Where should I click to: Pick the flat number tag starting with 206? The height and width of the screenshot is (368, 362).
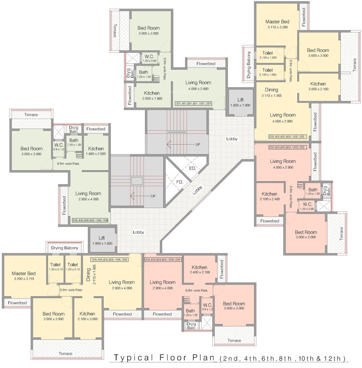pyautogui.click(x=90, y=220)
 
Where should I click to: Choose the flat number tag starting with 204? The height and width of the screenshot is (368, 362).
pyautogui.click(x=163, y=259)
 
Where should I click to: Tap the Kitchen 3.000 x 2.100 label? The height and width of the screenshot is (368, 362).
pyautogui.click(x=318, y=86)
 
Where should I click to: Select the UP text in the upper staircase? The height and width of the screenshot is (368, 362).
pyautogui.click(x=197, y=144)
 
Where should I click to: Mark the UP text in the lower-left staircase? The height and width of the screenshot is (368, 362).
pyautogui.click(x=153, y=195)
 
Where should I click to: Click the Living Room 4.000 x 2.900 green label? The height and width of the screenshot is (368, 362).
pyautogui.click(x=198, y=85)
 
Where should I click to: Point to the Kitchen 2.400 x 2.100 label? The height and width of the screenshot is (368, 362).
pyautogui.click(x=199, y=270)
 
